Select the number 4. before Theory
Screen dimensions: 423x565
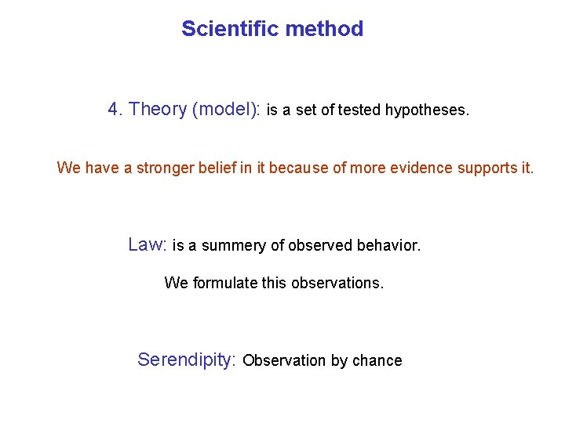tap(115, 110)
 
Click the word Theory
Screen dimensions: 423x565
tap(158, 110)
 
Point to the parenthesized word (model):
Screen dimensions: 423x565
tap(226, 110)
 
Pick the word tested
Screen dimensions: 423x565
tap(359, 111)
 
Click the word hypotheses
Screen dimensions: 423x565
tap(427, 111)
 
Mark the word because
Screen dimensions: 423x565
tap(299, 168)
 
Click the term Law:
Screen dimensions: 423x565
tap(148, 244)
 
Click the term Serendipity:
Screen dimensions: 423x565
tap(187, 360)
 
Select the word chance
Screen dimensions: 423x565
tap(377, 361)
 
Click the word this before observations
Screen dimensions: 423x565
tap(274, 283)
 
